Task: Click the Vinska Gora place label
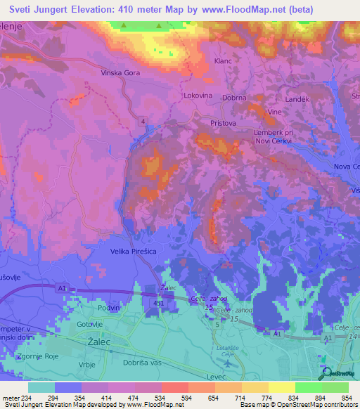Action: [x=102, y=72]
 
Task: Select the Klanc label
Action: [x=222, y=62]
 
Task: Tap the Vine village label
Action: [x=274, y=112]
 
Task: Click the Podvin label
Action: [x=108, y=308]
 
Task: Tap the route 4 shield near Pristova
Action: [x=143, y=122]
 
